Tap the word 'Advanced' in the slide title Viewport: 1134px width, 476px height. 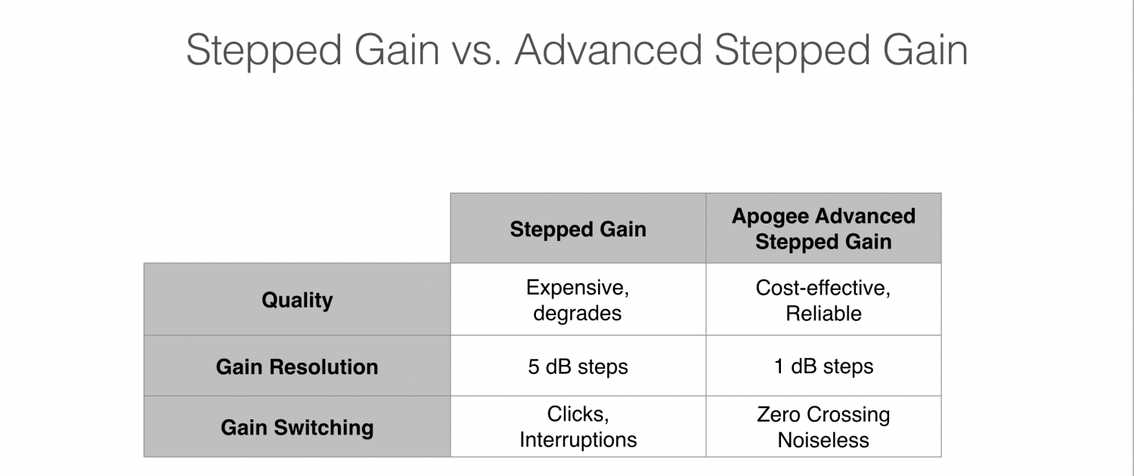pyautogui.click(x=609, y=50)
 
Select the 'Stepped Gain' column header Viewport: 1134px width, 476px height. pyautogui.click(x=578, y=229)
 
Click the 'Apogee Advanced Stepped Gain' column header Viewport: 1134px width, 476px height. pyautogui.click(x=824, y=229)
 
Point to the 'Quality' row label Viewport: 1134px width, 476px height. pyautogui.click(x=297, y=300)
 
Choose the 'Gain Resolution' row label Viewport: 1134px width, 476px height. pyautogui.click(x=297, y=366)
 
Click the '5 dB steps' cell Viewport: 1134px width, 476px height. pyautogui.click(x=578, y=366)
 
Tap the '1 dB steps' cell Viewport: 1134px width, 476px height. pyautogui.click(x=824, y=366)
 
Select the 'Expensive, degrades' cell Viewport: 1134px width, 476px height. pyautogui.click(x=578, y=300)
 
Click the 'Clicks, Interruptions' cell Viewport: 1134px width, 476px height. pyautogui.click(x=578, y=427)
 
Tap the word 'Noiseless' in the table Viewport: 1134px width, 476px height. pyautogui.click(x=824, y=440)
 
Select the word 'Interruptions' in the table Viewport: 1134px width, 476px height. pyautogui.click(x=578, y=440)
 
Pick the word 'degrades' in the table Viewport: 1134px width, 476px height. pyautogui.click(x=577, y=314)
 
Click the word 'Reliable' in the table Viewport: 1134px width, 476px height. pyautogui.click(x=824, y=314)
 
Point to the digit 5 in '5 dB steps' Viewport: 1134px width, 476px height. pyautogui.click(x=534, y=366)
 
